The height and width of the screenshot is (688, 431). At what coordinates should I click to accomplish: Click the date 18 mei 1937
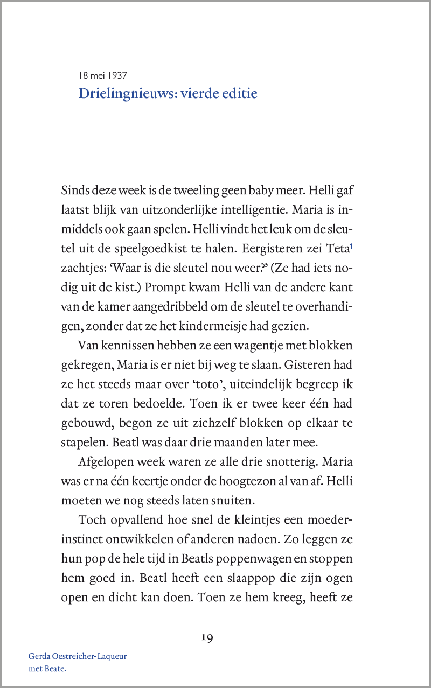(102, 75)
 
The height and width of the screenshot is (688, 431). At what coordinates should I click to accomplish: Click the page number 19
(207, 638)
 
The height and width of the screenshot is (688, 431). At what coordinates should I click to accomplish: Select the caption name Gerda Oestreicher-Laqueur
(78, 657)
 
